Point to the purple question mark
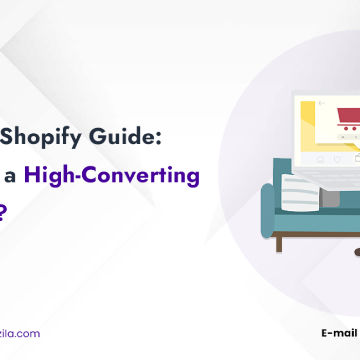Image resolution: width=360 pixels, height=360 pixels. tap(2, 212)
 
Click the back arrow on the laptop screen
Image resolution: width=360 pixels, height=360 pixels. tap(322, 103)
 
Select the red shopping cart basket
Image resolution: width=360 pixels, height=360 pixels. tap(348, 114)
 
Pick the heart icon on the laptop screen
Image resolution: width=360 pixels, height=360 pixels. tap(337, 159)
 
